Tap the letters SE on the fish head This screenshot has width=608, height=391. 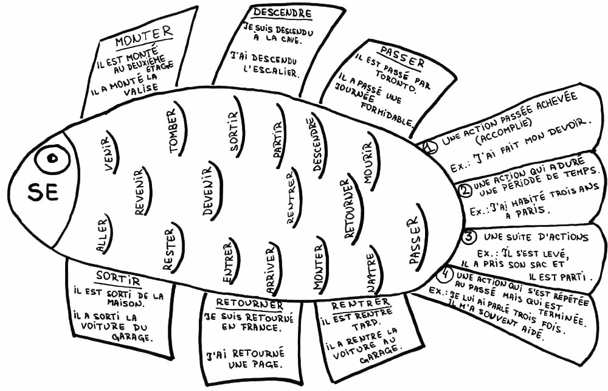pyautogui.click(x=43, y=193)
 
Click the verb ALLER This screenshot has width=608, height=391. pyautogui.click(x=102, y=236)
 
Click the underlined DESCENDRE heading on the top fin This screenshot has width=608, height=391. pyautogui.click(x=282, y=13)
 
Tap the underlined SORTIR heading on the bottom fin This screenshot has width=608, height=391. pyautogui.click(x=118, y=277)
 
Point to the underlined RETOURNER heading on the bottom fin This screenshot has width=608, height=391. pyautogui.click(x=249, y=303)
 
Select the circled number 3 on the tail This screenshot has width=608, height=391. pyautogui.click(x=469, y=236)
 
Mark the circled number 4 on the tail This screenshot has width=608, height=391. pyautogui.click(x=445, y=274)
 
